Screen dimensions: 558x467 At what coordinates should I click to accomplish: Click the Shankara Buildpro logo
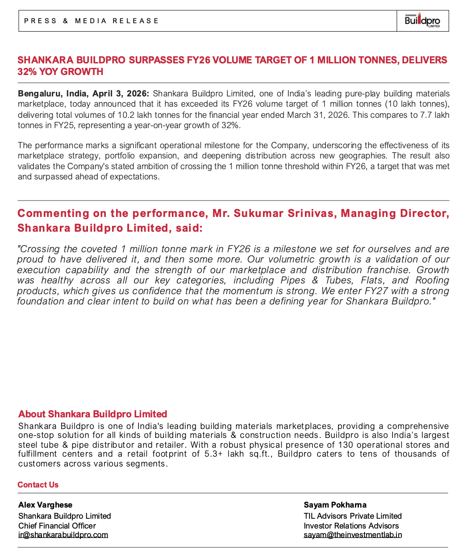point(422,21)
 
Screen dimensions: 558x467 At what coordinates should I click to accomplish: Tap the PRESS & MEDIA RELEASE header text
point(92,21)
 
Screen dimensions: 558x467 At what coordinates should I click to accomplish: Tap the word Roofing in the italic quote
point(432,280)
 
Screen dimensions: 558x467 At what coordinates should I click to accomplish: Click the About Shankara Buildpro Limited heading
point(92,414)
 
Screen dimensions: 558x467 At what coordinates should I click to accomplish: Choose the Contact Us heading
point(38,485)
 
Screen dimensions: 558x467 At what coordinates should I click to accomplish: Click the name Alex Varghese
point(45,505)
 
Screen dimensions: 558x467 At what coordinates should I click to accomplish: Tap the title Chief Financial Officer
point(57,526)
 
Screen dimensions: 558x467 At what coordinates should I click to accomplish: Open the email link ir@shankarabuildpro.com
point(63,535)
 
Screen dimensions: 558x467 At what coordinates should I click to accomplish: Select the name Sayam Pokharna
point(335,505)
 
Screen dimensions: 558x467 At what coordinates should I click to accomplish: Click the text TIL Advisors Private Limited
point(353,516)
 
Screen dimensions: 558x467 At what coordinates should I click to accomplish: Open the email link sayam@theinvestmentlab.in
point(353,535)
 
